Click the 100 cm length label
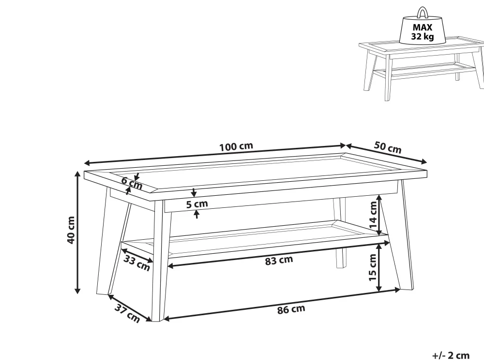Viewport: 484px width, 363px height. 236,146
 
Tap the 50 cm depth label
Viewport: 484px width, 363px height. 388,147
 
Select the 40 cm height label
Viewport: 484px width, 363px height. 71,230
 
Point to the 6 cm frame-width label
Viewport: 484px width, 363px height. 132,183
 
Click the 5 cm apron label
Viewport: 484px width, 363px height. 197,204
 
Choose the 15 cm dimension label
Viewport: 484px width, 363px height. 373,267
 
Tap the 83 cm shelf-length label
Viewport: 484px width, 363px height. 279,261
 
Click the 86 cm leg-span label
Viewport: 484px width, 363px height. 291,309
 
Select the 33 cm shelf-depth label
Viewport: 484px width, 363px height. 137,263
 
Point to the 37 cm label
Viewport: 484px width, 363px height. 127,313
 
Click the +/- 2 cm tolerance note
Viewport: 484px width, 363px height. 451,355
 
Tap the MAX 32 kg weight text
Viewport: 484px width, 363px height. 422,32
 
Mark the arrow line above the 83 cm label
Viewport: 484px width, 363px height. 278,255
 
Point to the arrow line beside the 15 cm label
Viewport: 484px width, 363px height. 379,267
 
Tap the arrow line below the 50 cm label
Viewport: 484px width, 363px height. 386,153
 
